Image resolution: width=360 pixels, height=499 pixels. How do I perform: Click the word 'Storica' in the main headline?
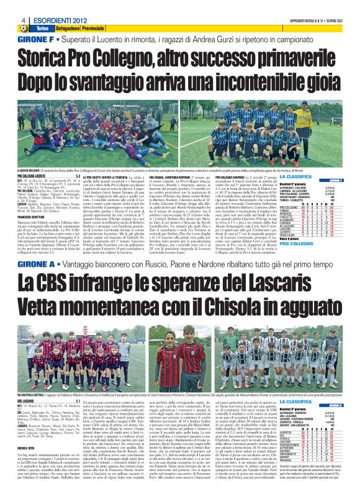point(56,58)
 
